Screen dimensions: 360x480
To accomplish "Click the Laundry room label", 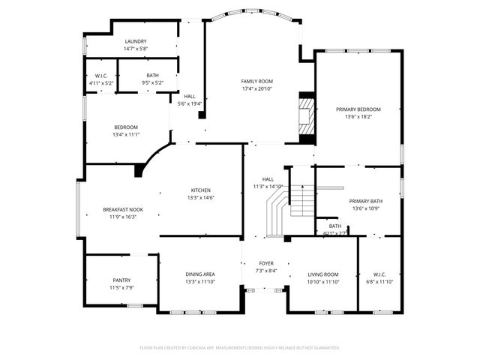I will coord(136,42).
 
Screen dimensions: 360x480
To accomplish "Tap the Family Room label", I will coord(256,81).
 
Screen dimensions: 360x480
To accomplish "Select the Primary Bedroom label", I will coord(358,109).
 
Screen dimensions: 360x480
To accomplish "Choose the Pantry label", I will coord(121,280).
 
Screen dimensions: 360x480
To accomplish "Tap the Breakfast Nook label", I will coord(123,210).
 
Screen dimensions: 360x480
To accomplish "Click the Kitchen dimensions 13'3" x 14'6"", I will coord(200,198).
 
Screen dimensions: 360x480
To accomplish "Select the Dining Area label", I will coord(200,274).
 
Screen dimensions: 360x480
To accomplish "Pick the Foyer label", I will coord(266,263).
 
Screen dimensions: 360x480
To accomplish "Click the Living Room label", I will coord(323,274).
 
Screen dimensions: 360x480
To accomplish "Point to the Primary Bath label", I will coord(366,201).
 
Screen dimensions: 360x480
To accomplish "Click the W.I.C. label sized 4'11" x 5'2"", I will coord(101,76).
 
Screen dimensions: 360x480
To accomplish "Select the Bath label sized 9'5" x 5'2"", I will coord(152,76).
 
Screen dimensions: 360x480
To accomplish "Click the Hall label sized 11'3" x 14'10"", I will coord(268,179).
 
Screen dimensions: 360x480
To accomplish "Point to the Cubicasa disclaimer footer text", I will coord(240,348).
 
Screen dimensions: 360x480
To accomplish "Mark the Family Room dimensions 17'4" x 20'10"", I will coord(256,88).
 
